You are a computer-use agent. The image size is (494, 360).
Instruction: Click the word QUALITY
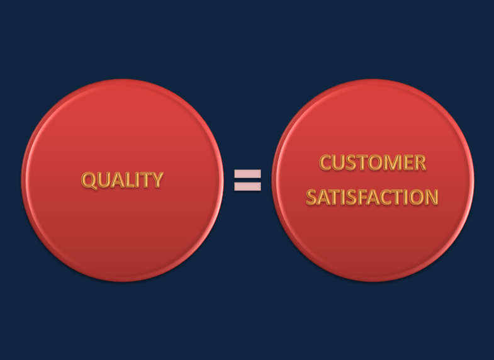tap(122, 180)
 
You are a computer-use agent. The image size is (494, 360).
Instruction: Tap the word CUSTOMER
tap(373, 163)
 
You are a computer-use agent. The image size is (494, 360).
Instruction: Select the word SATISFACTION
tap(372, 197)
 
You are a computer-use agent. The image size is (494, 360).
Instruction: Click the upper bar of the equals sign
tap(247, 173)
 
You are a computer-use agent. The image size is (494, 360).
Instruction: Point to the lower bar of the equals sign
tap(247, 186)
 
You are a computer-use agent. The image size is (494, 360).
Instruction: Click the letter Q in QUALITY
tap(89, 181)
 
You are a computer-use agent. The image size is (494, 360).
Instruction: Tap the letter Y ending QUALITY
tap(156, 180)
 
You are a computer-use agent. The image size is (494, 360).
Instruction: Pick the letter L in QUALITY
tap(129, 180)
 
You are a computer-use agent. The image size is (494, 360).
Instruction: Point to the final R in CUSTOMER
tap(418, 163)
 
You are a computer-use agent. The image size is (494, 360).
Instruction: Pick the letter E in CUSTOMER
tap(406, 163)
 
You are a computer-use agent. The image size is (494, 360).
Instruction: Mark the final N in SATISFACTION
tap(431, 197)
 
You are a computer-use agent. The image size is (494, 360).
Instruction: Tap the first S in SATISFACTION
tap(312, 197)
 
